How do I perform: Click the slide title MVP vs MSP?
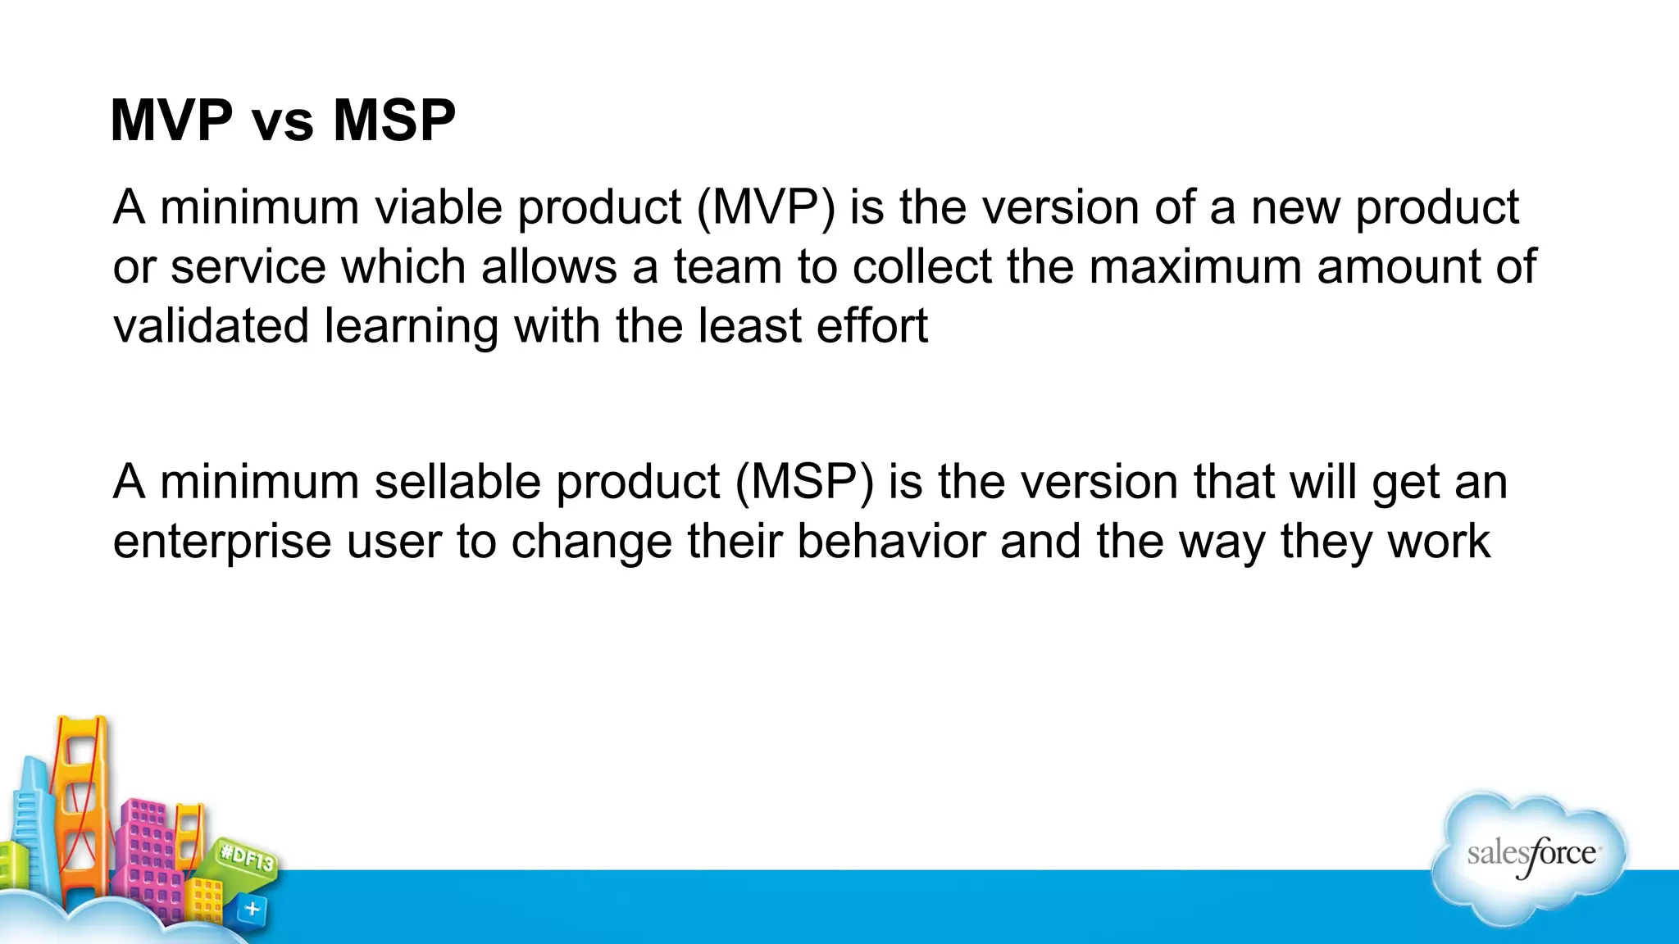283,120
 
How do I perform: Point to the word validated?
211,326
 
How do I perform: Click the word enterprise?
221,542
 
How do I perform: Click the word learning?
411,326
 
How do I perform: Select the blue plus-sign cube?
252,909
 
